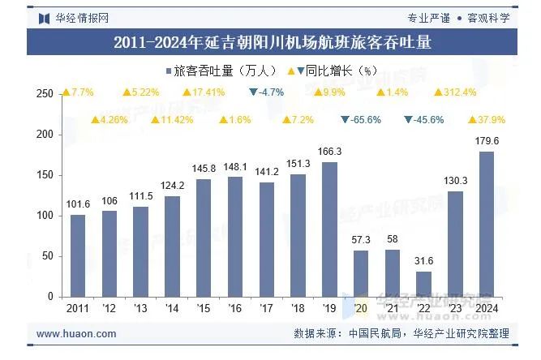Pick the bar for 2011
[x=78, y=255]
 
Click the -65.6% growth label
[x=361, y=120]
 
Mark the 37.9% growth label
[x=487, y=120]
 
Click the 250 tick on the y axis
[x=45, y=94]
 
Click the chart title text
[x=271, y=42]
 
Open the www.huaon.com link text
[x=77, y=333]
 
